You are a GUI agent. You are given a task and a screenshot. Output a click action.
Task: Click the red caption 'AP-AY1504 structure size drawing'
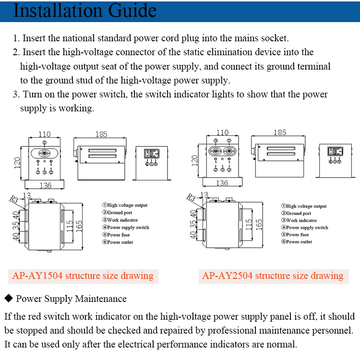click(83, 276)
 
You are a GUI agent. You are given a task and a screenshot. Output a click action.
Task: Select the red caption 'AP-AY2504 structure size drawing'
click(273, 276)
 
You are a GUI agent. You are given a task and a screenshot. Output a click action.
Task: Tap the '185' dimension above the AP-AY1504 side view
click(101, 134)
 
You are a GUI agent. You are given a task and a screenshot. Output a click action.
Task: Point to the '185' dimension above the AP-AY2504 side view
click(280, 132)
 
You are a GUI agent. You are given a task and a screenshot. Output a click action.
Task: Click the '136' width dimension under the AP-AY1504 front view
click(44, 185)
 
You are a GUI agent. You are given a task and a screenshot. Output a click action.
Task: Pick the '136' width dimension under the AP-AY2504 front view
click(222, 183)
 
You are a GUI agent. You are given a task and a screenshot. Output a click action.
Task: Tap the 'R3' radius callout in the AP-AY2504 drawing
click(191, 197)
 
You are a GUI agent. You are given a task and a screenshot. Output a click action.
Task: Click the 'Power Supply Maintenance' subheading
click(71, 299)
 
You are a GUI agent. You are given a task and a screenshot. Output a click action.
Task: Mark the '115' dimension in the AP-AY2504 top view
click(249, 224)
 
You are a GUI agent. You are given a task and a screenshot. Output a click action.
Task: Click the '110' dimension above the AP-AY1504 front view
click(44, 135)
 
